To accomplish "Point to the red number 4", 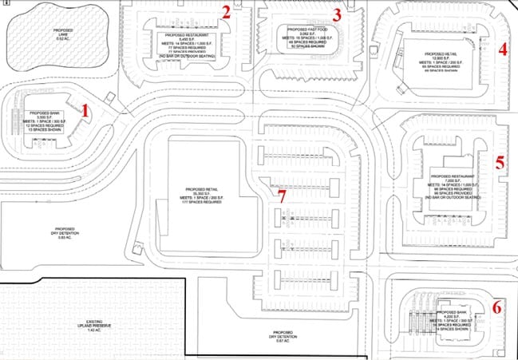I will point(502,49).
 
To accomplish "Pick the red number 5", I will point(499,162).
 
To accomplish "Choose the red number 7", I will point(280,193).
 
